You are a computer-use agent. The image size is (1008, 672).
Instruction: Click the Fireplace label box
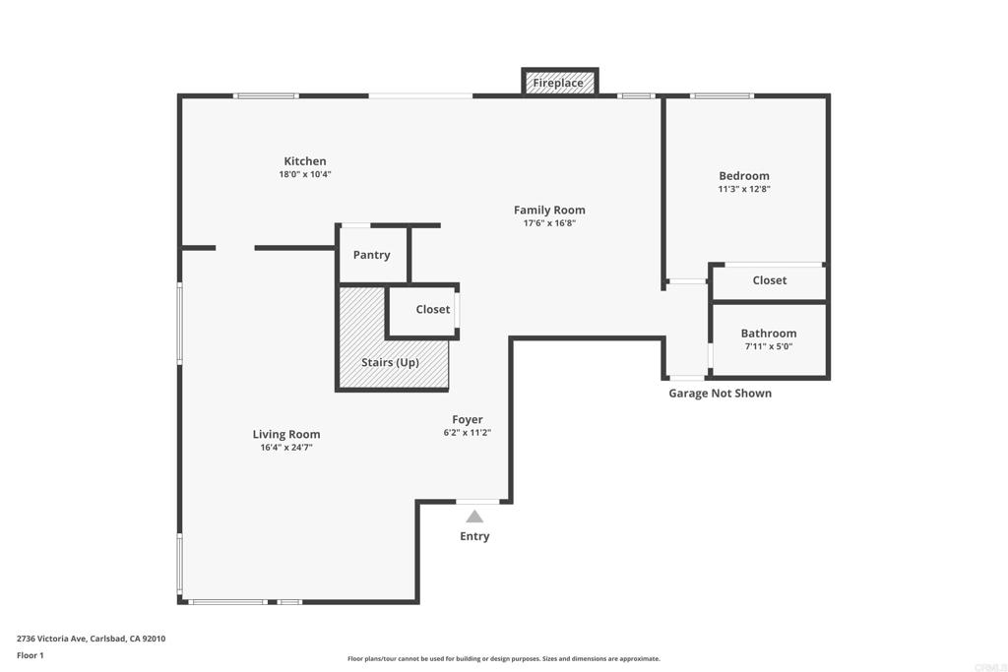[558, 84]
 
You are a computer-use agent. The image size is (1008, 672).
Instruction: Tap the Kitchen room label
[305, 161]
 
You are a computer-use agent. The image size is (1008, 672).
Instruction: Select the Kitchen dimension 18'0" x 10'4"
[305, 175]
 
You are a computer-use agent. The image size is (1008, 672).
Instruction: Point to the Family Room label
[549, 210]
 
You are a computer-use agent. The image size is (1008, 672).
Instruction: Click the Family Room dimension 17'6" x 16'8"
[549, 223]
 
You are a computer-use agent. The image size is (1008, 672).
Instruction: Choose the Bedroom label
[744, 176]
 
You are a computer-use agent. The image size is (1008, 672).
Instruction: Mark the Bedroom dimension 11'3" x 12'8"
[744, 189]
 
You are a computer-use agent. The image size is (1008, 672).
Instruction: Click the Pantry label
[372, 255]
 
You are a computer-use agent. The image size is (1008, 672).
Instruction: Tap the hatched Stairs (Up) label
[390, 362]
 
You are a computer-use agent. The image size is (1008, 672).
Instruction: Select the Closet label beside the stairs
[432, 309]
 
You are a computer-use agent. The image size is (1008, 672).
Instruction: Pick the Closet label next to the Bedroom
[770, 280]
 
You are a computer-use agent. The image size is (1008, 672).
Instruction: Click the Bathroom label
[769, 334]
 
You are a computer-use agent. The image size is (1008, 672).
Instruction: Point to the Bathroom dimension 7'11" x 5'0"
[769, 346]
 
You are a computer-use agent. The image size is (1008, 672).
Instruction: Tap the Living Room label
[286, 434]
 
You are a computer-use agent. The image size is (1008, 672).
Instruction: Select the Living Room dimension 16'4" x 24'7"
[286, 448]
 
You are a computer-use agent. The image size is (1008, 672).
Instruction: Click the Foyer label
[468, 419]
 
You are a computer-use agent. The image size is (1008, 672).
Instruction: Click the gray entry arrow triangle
[474, 517]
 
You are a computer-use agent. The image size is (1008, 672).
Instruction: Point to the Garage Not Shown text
[721, 394]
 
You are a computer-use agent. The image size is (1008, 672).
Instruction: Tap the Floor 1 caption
[31, 655]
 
